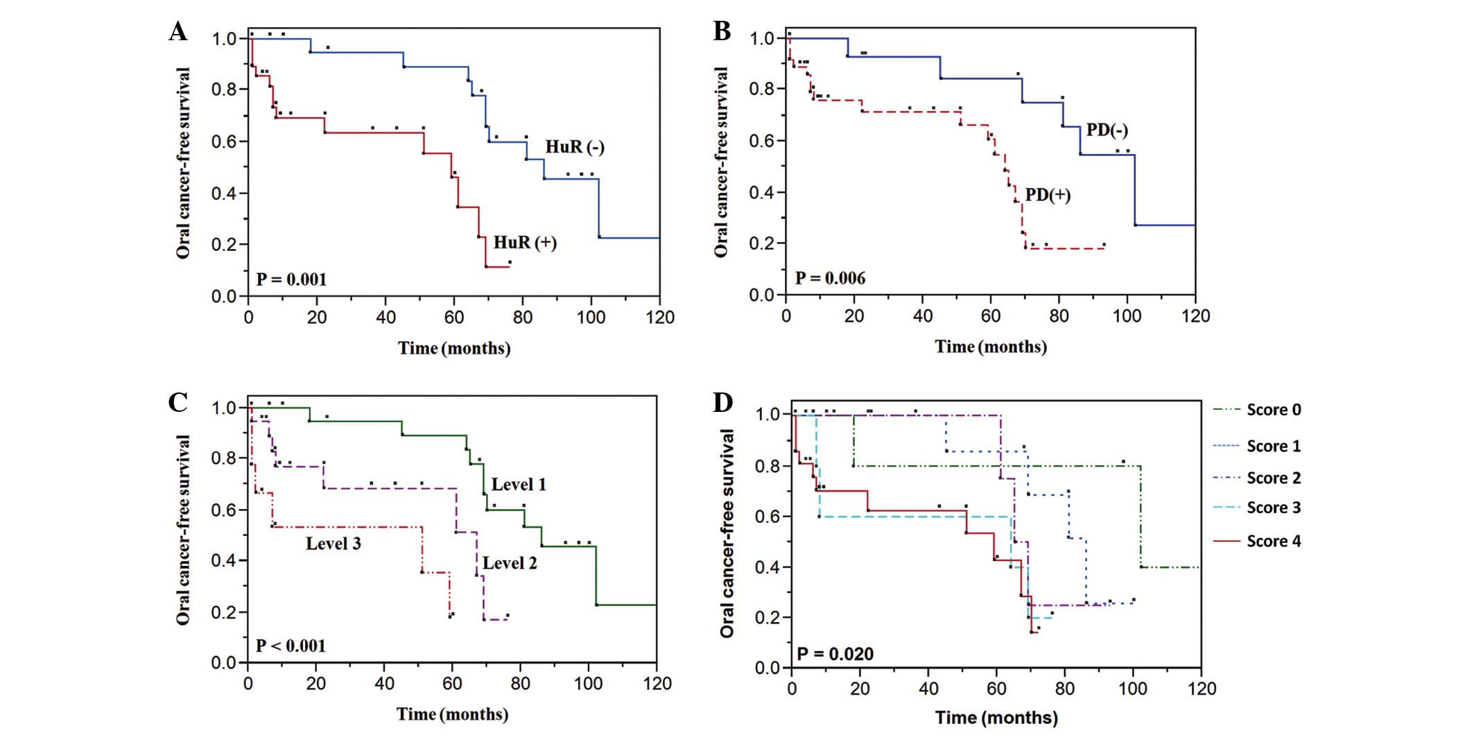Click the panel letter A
178,32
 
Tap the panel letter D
722,402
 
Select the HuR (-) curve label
574,147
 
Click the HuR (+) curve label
525,243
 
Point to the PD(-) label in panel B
1107,130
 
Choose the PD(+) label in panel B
1047,195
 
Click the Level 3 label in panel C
333,544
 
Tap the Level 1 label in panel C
519,485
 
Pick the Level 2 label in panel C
510,563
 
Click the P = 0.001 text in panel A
291,279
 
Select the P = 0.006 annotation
830,279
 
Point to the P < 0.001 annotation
291,646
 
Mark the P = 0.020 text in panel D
835,654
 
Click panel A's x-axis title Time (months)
454,348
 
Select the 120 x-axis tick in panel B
1195,317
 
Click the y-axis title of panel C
183,530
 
